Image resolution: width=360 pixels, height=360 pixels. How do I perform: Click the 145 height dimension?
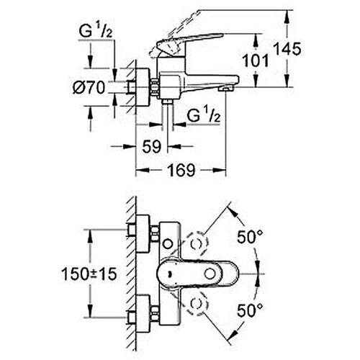pos(287,49)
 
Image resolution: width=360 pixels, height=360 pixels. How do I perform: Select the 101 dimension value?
pos(256,60)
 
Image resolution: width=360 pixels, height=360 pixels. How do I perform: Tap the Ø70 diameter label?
pos(89,87)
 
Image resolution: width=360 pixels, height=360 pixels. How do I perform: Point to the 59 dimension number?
pos(152,146)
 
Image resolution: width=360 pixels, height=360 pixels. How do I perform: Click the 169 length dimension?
pos(181,170)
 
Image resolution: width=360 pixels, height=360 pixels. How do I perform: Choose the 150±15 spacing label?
pos(89,274)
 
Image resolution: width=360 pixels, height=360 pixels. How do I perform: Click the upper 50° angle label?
pos(250,237)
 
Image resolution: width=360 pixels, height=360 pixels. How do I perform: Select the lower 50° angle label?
pos(250,310)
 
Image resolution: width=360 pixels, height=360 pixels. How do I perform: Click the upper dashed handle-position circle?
pos(197,243)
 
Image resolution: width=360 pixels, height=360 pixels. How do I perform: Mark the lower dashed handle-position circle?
pos(197,304)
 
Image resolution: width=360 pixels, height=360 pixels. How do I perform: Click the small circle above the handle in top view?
pos(168,244)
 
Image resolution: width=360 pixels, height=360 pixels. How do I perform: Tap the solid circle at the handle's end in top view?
pos(210,274)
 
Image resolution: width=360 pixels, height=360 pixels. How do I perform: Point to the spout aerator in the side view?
pos(225,89)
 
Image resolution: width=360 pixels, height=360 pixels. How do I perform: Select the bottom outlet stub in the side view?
pos(167,102)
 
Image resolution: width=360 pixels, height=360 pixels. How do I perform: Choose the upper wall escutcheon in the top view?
pos(143,233)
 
